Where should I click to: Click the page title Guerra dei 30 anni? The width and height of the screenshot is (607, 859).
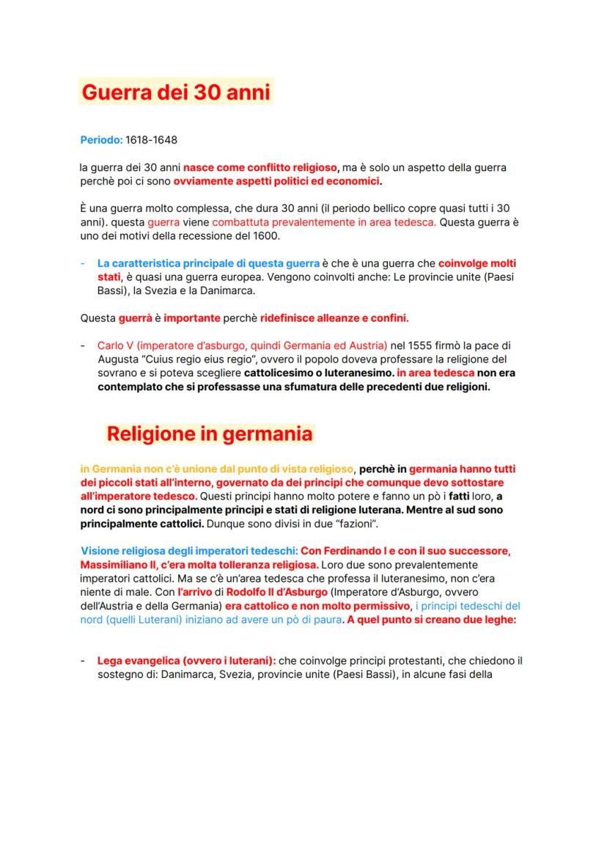(176, 93)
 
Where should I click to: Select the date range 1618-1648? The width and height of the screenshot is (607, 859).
(152, 139)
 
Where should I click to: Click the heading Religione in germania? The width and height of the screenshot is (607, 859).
(210, 434)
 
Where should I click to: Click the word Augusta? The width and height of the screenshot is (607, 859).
(116, 359)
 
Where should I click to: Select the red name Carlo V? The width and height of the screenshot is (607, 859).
(117, 346)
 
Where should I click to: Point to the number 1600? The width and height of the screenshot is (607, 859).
(265, 235)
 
